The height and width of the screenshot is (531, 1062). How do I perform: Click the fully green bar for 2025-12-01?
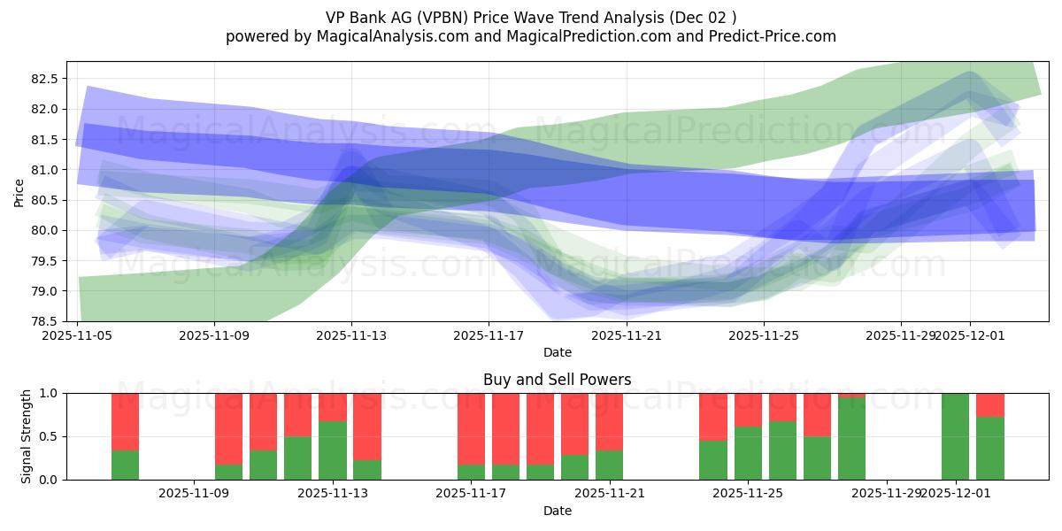pos(955,436)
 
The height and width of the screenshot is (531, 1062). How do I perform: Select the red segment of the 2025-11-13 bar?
pos(333,407)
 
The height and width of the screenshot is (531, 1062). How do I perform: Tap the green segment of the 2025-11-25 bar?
pos(748,453)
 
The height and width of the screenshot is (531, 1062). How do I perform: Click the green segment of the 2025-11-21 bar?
pos(609,466)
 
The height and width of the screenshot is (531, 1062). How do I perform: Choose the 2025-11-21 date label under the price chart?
pos(627,335)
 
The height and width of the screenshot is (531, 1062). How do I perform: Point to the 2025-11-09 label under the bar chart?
pos(194,494)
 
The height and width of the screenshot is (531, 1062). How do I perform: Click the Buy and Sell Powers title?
pos(557,380)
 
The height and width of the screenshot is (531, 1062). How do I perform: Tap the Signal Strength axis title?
pos(27,436)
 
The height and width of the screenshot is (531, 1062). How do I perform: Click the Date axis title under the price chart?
pos(557,352)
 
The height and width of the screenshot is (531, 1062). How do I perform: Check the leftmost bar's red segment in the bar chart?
pos(125,421)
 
